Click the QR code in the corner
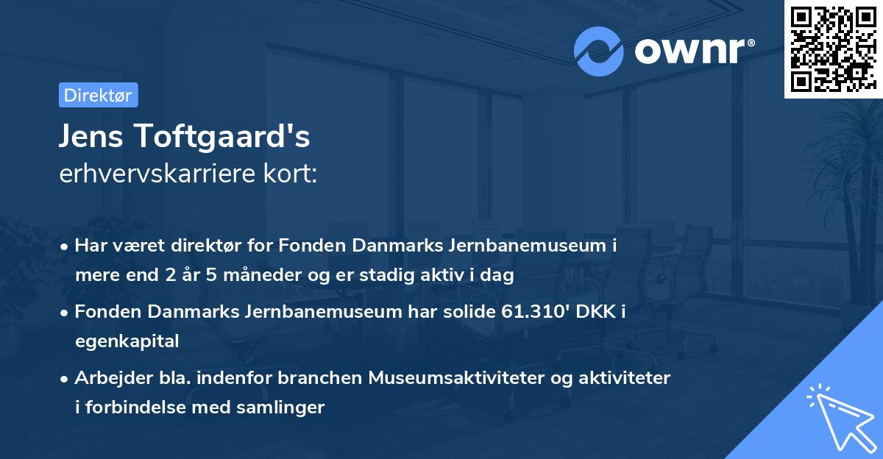833,49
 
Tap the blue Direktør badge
98,95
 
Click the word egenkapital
127,341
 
